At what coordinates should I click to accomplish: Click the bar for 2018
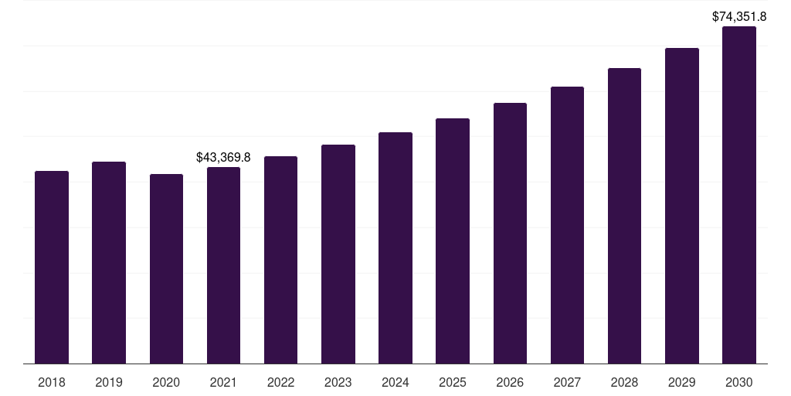pos(52,267)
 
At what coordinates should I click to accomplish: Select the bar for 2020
pos(166,268)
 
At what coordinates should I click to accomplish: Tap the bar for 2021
pos(223,265)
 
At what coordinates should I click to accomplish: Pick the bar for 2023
pos(338,254)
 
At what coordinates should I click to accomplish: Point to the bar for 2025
pos(453,241)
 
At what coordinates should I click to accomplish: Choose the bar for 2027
pos(567,225)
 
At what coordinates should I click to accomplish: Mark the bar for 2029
pos(682,206)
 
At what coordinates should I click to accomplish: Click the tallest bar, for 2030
pos(739,195)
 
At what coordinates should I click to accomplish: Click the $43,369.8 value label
pos(223,157)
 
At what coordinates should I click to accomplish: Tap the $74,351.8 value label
pos(739,15)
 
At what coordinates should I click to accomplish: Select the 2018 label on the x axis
pos(52,382)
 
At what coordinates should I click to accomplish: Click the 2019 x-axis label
pos(109,382)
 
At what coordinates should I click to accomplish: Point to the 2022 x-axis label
pos(280,382)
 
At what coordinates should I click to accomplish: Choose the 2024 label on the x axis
pos(395,382)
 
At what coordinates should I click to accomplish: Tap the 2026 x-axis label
pos(510,382)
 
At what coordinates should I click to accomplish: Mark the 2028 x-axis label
pos(624,382)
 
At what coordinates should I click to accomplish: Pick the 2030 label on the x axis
pos(739,382)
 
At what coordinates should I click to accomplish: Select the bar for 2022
pos(280,260)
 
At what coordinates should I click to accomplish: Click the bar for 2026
pos(510,233)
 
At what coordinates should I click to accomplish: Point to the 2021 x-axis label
pos(223,382)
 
